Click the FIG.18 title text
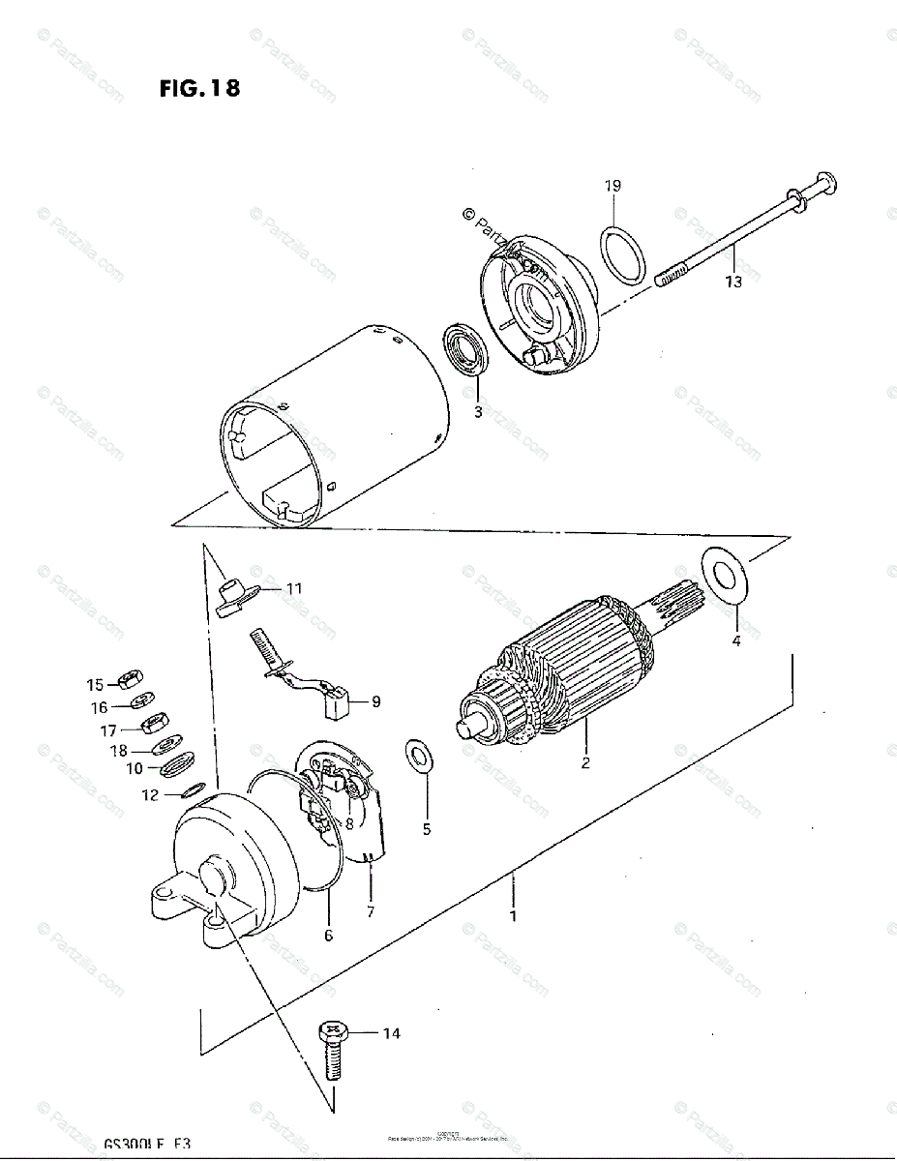[199, 89]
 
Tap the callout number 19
[613, 186]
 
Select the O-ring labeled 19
[624, 255]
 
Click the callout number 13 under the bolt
[733, 282]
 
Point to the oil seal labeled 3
[468, 351]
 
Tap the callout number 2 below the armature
[585, 763]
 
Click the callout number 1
[513, 914]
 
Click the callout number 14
[390, 1034]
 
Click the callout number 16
[100, 708]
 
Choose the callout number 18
[118, 751]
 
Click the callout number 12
[149, 796]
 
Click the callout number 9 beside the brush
[375, 702]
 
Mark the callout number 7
[370, 910]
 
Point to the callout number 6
[328, 936]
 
